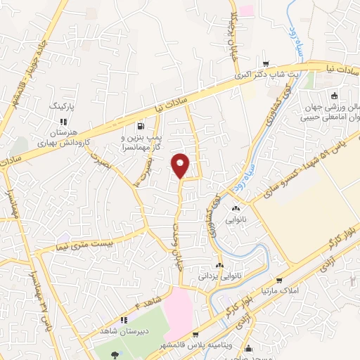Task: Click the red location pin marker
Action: pyautogui.click(x=181, y=165)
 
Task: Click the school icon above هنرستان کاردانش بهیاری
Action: pyautogui.click(x=64, y=121)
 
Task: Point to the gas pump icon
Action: pyautogui.click(x=142, y=127)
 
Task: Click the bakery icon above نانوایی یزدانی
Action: pyautogui.click(x=220, y=266)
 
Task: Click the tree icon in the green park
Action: pyautogui.click(x=115, y=353)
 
